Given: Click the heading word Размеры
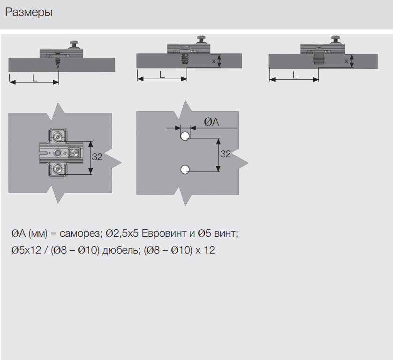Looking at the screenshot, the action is (29, 13).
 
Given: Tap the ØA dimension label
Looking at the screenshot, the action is (212, 122).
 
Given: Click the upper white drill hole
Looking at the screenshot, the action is (185, 136).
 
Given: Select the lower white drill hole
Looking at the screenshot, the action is (185, 170).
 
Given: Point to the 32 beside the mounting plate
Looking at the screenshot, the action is (97, 157).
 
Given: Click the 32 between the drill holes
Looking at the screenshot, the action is (226, 154).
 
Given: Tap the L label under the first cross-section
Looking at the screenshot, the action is (35, 78).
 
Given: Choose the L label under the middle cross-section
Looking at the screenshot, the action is (162, 75).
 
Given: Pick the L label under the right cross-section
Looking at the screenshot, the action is (295, 75).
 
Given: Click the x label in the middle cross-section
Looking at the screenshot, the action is (214, 61).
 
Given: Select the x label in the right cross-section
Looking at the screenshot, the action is (347, 61).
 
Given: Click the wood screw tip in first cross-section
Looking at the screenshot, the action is (58, 68).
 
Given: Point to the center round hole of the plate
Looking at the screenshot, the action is (58, 153).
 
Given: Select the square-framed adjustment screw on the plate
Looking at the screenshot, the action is (75, 153).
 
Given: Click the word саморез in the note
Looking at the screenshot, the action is (79, 233).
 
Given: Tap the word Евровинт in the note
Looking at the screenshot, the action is (164, 233).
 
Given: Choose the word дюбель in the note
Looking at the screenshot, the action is (121, 250).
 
